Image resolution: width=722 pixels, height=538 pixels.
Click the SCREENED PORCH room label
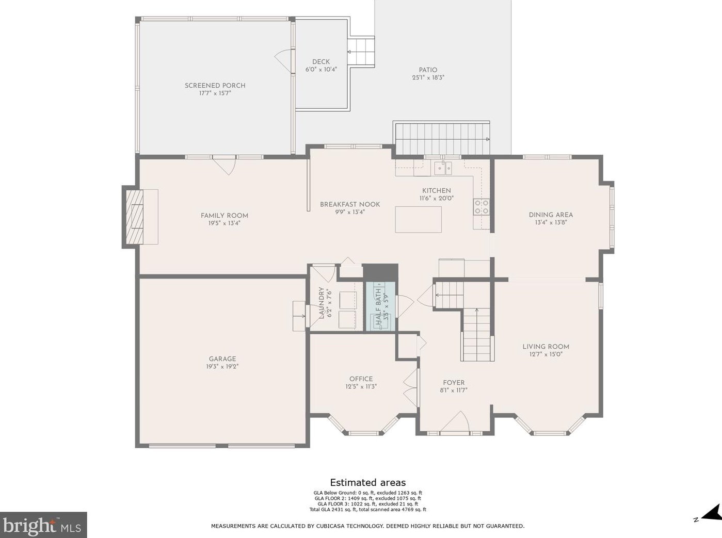click(x=215, y=86)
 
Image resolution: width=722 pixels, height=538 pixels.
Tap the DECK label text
click(x=320, y=62)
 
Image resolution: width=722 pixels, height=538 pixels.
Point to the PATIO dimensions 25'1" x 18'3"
click(x=428, y=78)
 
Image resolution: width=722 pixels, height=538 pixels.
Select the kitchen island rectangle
click(x=418, y=219)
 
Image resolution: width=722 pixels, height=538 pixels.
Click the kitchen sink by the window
click(x=442, y=168)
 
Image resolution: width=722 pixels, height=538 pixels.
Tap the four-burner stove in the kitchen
click(x=482, y=207)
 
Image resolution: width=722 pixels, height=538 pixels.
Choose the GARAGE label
click(x=222, y=359)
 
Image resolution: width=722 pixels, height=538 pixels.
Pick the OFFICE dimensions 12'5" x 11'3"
click(x=361, y=386)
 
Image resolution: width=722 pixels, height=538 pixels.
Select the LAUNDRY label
click(x=322, y=303)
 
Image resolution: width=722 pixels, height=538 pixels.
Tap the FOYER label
click(x=454, y=383)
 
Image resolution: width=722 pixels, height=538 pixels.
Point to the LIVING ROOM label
click(x=545, y=347)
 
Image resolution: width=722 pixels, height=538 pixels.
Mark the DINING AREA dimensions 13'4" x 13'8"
click(x=551, y=223)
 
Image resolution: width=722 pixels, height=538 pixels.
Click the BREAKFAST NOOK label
click(x=349, y=204)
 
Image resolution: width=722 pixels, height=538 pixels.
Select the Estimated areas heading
click(x=367, y=483)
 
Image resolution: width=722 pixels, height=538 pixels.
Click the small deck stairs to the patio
click(x=361, y=52)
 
